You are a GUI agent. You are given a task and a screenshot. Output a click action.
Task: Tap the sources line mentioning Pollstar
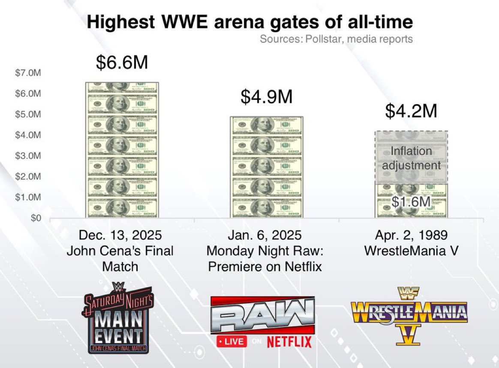click(x=336, y=39)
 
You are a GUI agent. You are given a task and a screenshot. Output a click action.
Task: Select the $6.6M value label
click(x=122, y=63)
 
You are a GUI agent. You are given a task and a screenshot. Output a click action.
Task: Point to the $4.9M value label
click(x=266, y=97)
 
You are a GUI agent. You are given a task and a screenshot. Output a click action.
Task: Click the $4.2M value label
click(x=411, y=111)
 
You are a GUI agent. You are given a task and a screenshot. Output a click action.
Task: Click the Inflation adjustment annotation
click(x=411, y=158)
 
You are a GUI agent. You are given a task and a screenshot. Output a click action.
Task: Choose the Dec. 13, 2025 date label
click(x=120, y=236)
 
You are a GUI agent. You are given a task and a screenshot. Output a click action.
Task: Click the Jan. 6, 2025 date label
click(x=265, y=236)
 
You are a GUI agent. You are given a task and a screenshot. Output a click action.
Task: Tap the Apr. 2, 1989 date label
click(x=411, y=236)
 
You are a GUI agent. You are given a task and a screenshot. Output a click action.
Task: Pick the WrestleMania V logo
click(x=409, y=312)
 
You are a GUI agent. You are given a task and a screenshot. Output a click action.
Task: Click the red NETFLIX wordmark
click(x=289, y=341)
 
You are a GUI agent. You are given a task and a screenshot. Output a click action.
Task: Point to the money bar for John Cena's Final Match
click(x=122, y=150)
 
